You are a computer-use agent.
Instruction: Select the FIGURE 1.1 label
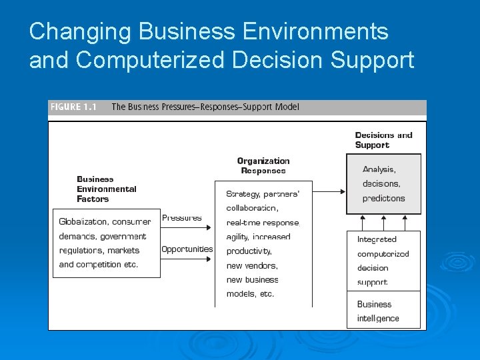(73, 107)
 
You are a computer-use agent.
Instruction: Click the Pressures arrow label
(182, 218)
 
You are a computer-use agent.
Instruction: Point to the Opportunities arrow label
(187, 249)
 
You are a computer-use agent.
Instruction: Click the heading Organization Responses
(263, 166)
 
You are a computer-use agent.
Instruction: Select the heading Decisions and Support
(383, 140)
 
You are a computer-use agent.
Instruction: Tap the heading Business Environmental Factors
(106, 189)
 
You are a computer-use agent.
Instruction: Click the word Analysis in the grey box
(379, 169)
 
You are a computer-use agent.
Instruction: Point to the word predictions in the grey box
(383, 198)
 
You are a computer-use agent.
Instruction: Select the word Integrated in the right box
(377, 239)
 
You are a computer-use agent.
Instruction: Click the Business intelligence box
(383, 311)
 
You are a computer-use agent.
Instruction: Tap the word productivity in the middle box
(249, 251)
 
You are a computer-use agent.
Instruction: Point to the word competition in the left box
(99, 265)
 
